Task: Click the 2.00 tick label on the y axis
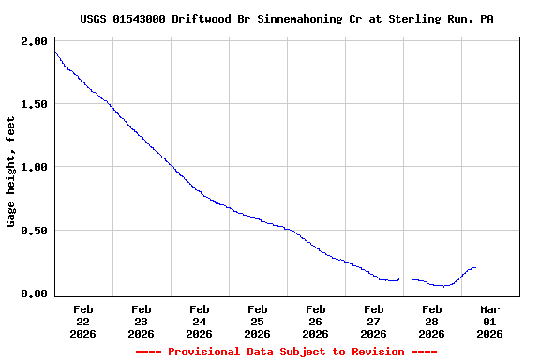34,41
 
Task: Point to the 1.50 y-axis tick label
34,104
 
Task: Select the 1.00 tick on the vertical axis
34,167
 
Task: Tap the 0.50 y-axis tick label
34,230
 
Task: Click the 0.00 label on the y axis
34,293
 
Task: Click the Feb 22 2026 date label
83,321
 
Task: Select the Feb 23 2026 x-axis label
142,321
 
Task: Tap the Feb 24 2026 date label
200,321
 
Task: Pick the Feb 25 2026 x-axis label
258,321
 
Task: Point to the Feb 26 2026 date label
316,321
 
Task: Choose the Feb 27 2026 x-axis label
374,321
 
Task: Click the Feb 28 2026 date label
432,321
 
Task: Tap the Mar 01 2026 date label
490,321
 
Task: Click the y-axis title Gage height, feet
11,172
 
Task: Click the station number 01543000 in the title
139,19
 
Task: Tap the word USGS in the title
94,19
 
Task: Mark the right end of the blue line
476,267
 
